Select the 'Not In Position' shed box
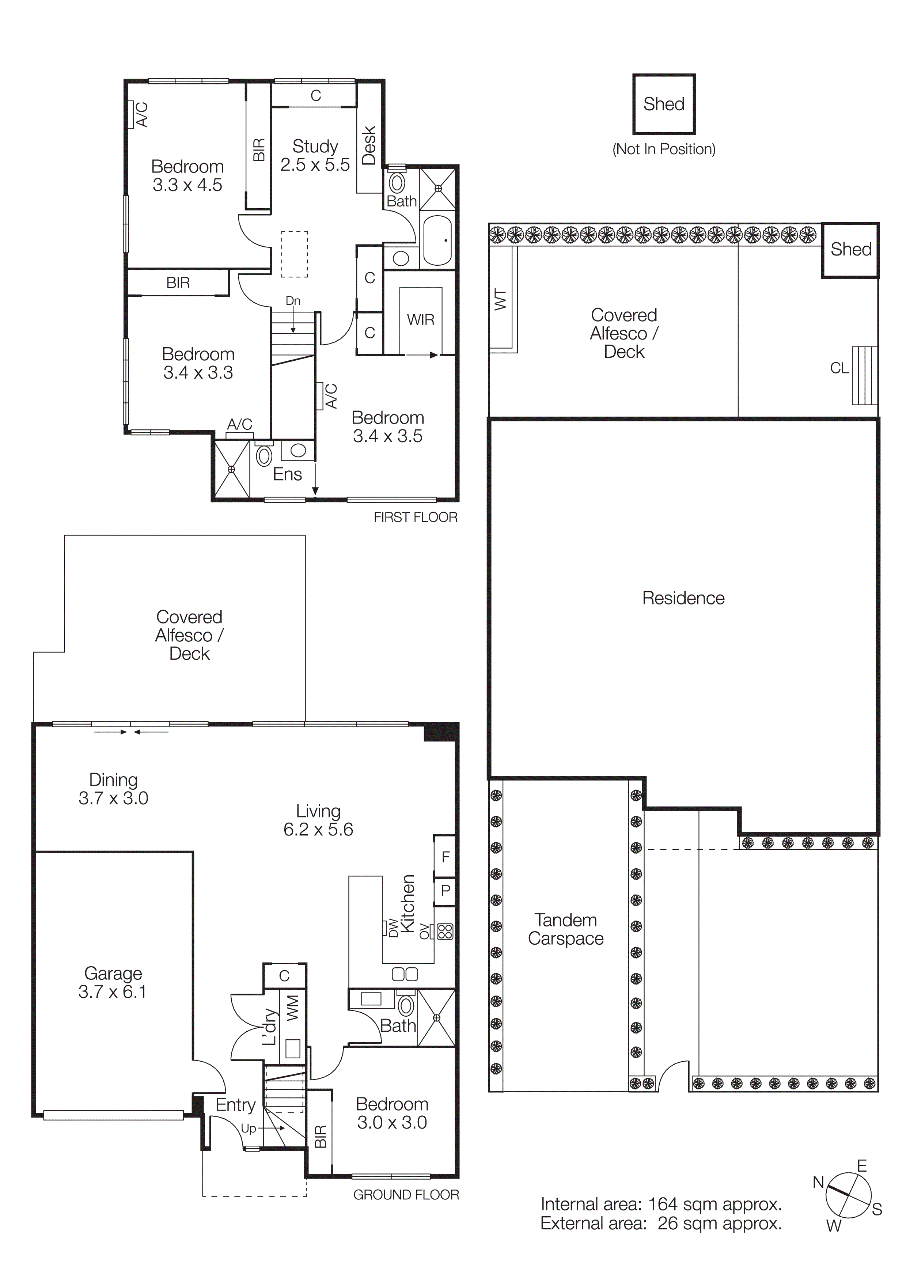pyautogui.click(x=663, y=105)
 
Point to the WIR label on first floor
pyautogui.click(x=420, y=320)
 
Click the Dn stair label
pyautogui.click(x=293, y=301)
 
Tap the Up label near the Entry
pyautogui.click(x=249, y=1129)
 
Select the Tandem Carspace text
pyautogui.click(x=565, y=929)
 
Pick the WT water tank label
pyautogui.click(x=501, y=300)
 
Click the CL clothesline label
pyautogui.click(x=839, y=368)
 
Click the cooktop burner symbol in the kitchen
pyautogui.click(x=445, y=931)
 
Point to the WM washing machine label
pyautogui.click(x=292, y=1008)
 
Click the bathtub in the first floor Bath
pyautogui.click(x=437, y=240)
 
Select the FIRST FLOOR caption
pyautogui.click(x=415, y=517)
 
